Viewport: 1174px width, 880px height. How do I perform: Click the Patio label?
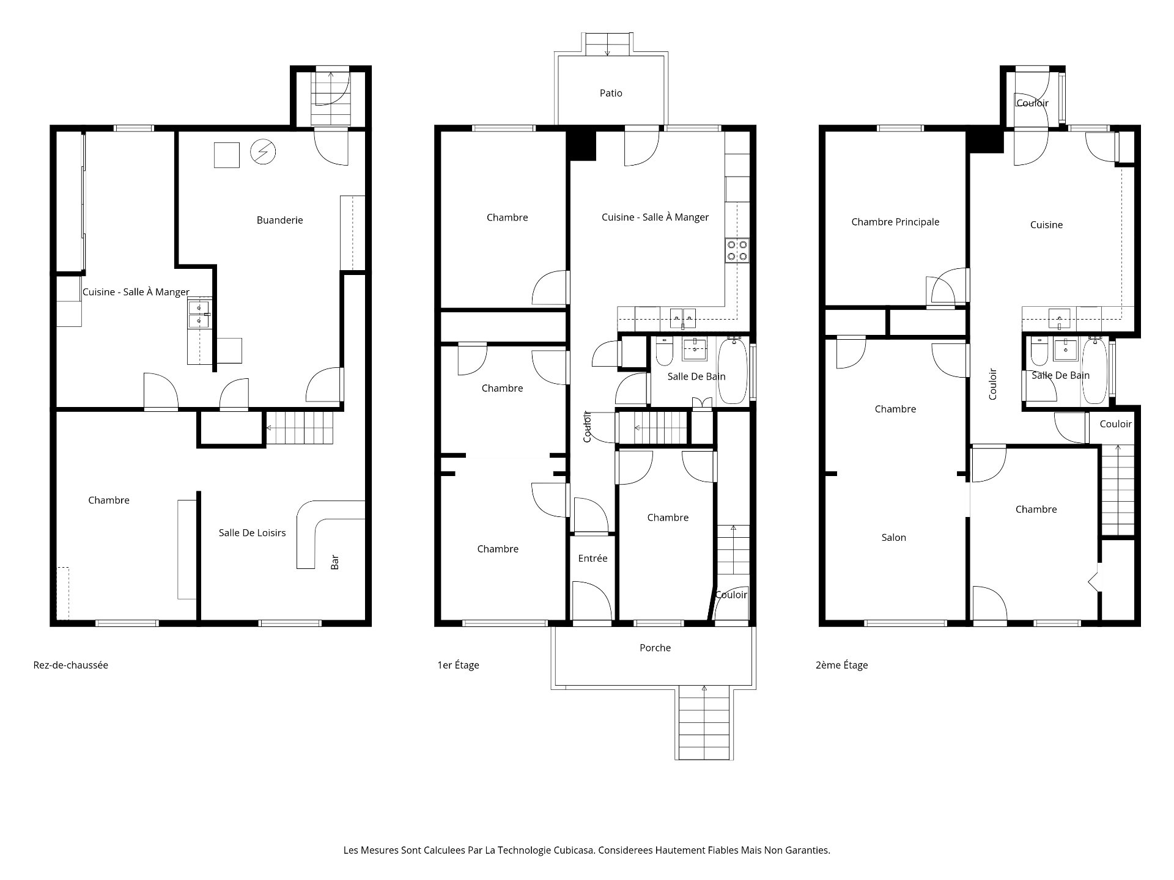[x=611, y=93]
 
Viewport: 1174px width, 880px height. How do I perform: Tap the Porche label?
[x=655, y=648]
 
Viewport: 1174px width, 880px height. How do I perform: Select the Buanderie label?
[x=279, y=220]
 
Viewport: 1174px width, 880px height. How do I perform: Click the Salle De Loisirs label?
[x=252, y=533]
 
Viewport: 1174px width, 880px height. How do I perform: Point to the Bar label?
[x=334, y=562]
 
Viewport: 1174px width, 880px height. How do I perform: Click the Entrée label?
[x=593, y=558]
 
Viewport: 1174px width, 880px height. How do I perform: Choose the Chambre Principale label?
[x=895, y=222]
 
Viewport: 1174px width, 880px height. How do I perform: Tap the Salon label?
[x=893, y=538]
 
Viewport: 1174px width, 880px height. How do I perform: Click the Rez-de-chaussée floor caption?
[x=71, y=665]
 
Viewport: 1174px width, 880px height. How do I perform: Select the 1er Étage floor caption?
[x=458, y=665]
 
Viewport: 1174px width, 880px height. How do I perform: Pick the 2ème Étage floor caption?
[x=841, y=665]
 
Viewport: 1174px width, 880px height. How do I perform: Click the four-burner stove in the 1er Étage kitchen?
[x=737, y=251]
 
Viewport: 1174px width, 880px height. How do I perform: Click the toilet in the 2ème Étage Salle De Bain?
[x=1038, y=351]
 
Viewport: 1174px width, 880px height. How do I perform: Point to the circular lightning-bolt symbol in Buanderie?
[x=264, y=152]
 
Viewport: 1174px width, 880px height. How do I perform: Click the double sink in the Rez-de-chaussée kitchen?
[x=199, y=314]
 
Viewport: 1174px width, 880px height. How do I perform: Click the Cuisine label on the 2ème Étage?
[x=1046, y=225]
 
